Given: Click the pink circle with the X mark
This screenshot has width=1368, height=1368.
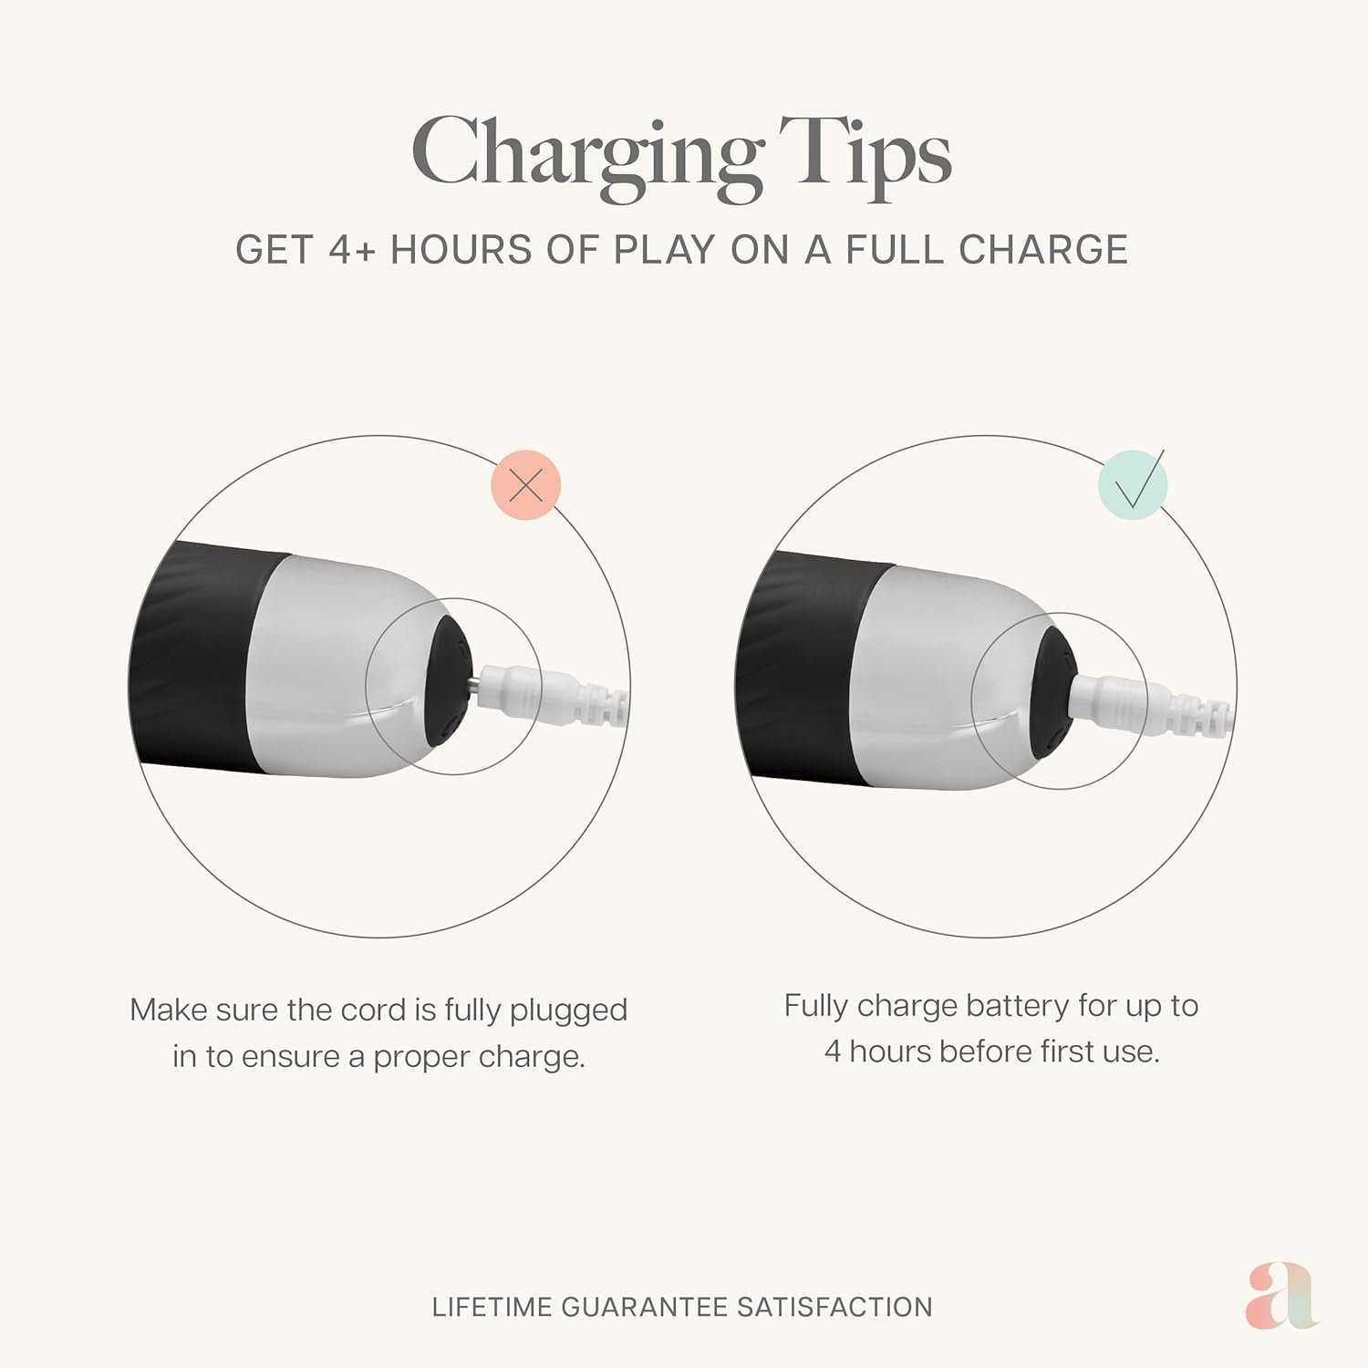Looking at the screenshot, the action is [x=526, y=485].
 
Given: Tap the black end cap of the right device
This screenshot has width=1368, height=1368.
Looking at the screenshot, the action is [x=1056, y=689].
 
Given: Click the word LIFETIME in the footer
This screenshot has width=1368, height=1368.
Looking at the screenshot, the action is [x=492, y=1307].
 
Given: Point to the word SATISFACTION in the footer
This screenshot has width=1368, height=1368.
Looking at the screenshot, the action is [x=834, y=1307].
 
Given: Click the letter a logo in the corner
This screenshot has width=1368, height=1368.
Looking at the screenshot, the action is [x=1281, y=1295].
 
